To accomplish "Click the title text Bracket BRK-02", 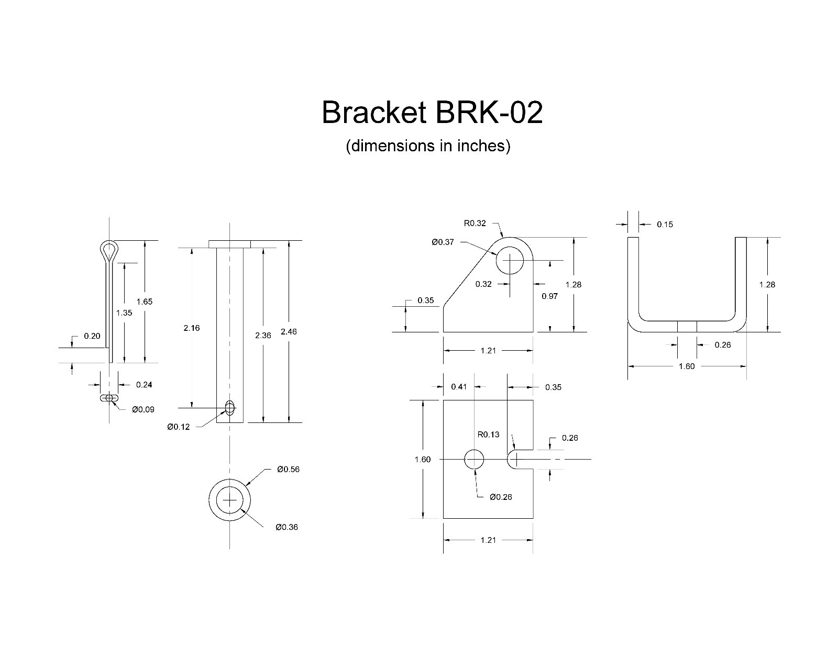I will point(432,113).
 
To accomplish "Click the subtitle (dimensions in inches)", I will point(427,146).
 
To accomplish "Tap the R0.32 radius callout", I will point(475,223).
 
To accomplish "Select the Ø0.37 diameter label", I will point(443,242).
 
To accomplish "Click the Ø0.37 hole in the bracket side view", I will point(510,260).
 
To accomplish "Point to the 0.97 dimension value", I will point(549,296).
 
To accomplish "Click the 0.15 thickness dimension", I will point(665,225).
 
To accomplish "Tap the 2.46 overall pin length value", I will point(289,332).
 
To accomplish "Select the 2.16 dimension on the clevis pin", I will point(192,328).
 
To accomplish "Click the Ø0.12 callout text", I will point(179,427).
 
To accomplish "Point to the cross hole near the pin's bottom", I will point(229,408).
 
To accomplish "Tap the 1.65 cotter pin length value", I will point(144,302).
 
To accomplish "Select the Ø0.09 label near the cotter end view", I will point(143,409).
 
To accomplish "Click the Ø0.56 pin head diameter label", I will point(288,470).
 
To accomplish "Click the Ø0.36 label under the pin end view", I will point(286,527).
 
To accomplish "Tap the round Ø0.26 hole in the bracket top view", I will point(474,459).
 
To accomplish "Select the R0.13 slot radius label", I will point(488,434).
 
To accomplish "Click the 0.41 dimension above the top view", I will point(459,387).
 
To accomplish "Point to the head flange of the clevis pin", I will point(229,244).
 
